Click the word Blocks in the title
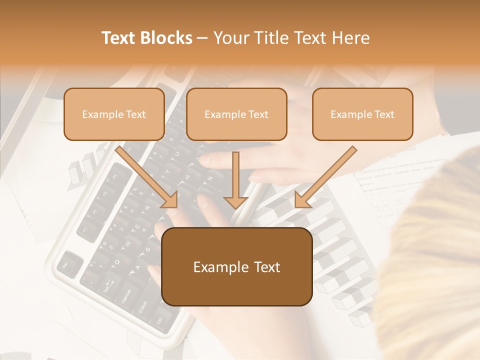pyautogui.click(x=165, y=38)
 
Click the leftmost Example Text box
pyautogui.click(x=114, y=114)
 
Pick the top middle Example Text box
pyautogui.click(x=236, y=114)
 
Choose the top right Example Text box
pyautogui.click(x=362, y=114)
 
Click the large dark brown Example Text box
pyautogui.click(x=236, y=266)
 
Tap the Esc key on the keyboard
pyautogui.click(x=67, y=263)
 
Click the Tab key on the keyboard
pyautogui.click(x=108, y=285)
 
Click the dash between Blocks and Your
pyautogui.click(x=202, y=38)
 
